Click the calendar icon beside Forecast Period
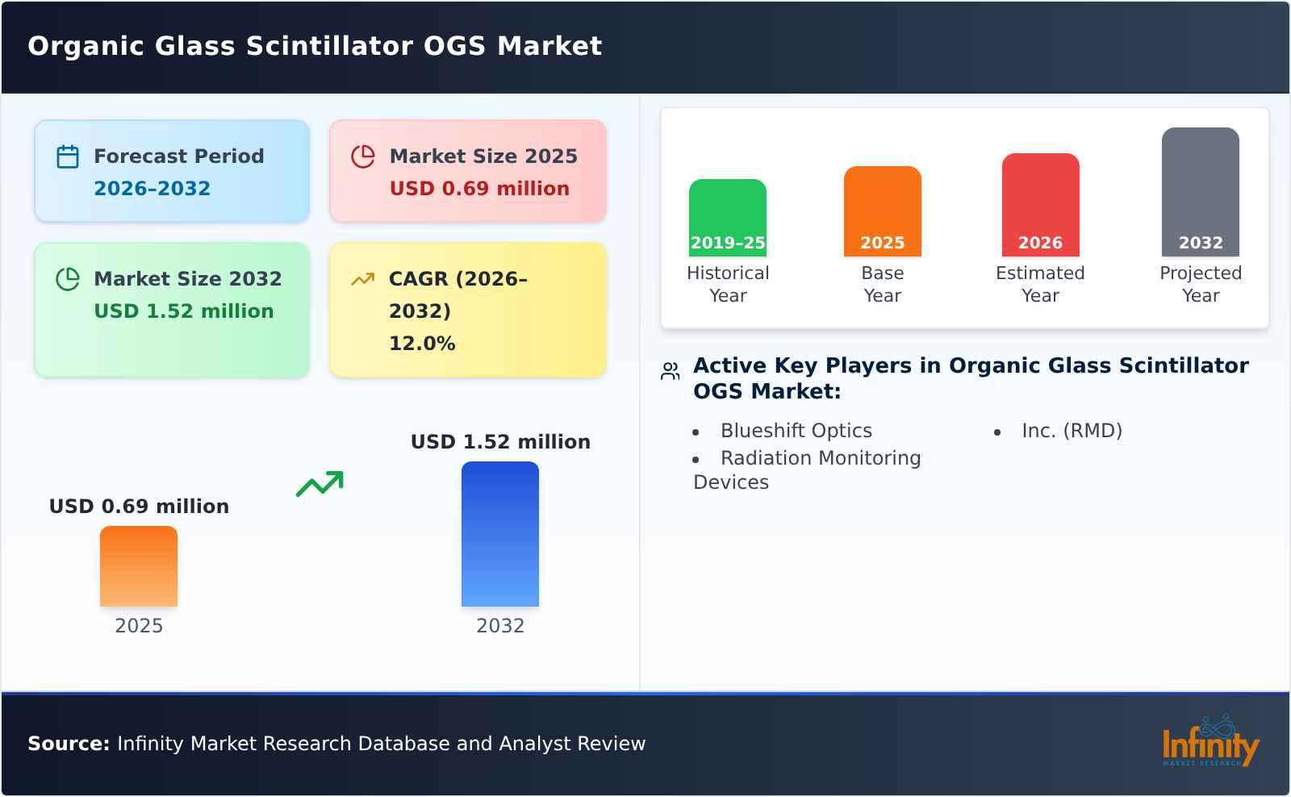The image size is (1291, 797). (68, 156)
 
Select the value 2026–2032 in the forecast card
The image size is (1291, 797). (152, 189)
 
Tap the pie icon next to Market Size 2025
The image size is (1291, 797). (363, 156)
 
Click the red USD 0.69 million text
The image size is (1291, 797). (479, 189)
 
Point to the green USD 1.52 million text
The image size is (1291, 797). (184, 311)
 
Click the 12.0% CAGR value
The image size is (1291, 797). (422, 344)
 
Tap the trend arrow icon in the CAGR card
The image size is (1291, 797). (362, 279)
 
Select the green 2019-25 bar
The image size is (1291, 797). (727, 217)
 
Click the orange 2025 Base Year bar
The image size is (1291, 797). (882, 211)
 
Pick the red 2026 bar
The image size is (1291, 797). (1040, 204)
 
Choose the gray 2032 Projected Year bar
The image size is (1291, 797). (1200, 191)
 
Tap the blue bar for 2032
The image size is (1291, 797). (499, 533)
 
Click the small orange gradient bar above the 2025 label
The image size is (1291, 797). (139, 565)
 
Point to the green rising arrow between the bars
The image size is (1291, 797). (320, 483)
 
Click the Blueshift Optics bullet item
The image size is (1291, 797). (796, 431)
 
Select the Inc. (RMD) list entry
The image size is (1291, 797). (1072, 431)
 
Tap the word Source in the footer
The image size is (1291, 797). (68, 744)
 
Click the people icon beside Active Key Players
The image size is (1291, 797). (670, 371)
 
